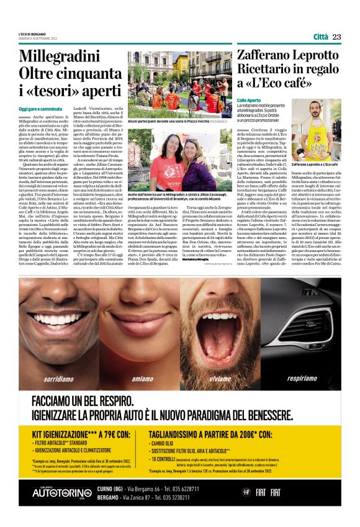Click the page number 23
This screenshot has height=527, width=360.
pyautogui.click(x=336, y=37)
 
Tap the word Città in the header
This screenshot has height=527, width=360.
pyautogui.click(x=321, y=37)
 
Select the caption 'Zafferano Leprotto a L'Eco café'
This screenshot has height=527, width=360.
pyautogui.click(x=315, y=164)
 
